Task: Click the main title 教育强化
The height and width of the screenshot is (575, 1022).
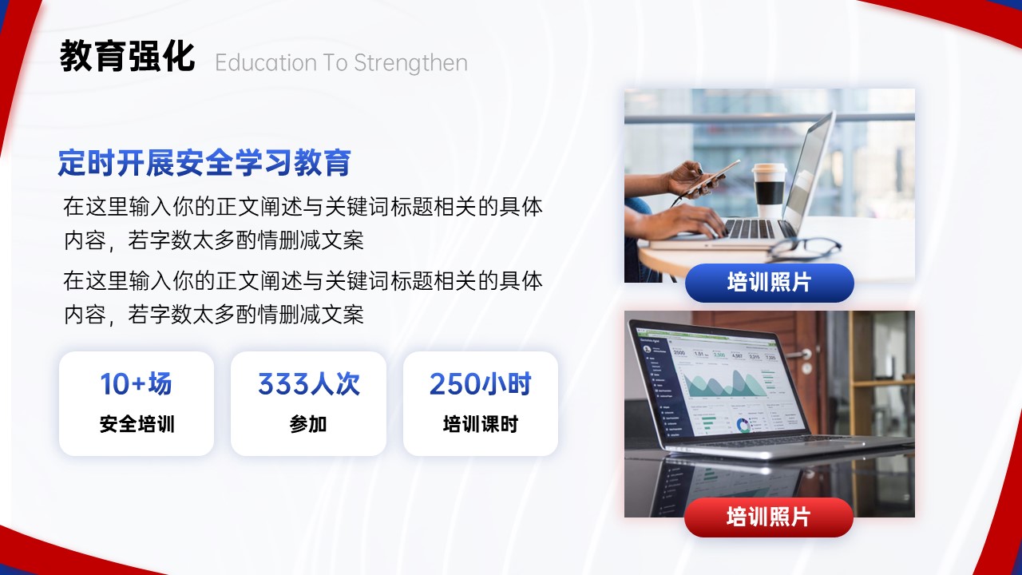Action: coord(127,56)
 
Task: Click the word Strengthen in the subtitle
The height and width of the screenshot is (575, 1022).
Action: coord(410,63)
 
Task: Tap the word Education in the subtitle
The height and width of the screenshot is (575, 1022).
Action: coord(266,62)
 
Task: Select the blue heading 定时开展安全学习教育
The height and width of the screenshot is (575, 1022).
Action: coord(204,162)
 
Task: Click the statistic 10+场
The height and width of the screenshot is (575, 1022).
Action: coord(136,384)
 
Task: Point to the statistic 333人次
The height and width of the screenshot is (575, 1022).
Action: coord(309,384)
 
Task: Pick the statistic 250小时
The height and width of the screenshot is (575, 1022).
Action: coord(481,384)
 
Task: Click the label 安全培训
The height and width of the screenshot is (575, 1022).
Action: coord(137,424)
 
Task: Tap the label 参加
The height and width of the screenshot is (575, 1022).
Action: coord(308,424)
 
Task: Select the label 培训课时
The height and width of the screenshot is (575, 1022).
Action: coord(481,424)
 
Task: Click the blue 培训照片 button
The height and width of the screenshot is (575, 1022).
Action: coord(769,283)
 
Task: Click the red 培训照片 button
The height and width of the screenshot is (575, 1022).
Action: coord(769,517)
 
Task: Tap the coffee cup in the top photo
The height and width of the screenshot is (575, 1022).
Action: coord(770,190)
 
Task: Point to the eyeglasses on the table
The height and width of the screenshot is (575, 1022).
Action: coord(806,248)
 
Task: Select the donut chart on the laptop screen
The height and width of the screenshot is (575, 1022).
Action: coord(743,426)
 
